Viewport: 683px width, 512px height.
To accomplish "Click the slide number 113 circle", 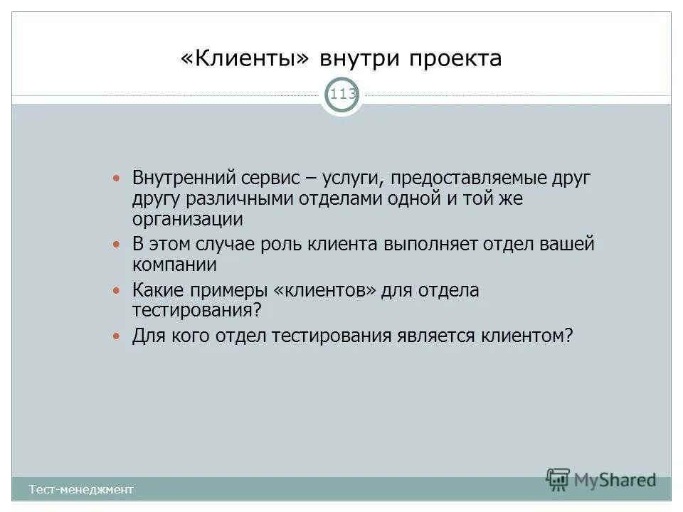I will click(x=342, y=95).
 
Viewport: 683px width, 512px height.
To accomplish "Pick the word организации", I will click(x=187, y=220).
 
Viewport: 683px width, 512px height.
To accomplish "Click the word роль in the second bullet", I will click(x=283, y=245).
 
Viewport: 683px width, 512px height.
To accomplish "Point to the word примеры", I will click(x=232, y=290).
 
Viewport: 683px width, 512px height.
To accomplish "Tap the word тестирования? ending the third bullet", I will click(x=197, y=311).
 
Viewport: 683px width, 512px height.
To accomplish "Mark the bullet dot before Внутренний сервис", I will click(x=118, y=176).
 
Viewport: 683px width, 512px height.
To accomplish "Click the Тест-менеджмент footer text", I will click(x=81, y=489).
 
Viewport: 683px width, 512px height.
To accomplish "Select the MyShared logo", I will click(x=601, y=480).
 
